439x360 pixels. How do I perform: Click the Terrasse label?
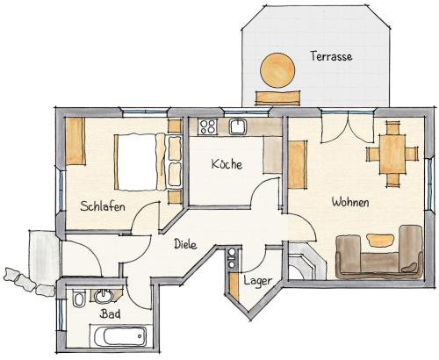[331, 56]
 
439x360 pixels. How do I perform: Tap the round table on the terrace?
[277, 70]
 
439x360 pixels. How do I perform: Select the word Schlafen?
[103, 206]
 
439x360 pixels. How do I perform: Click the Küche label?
[227, 164]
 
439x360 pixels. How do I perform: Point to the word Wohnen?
[350, 202]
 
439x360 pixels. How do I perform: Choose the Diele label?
[185, 244]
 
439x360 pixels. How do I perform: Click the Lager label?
[258, 281]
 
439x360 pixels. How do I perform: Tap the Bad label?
[110, 314]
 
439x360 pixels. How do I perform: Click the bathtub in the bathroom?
[120, 336]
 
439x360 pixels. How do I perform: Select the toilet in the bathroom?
[79, 299]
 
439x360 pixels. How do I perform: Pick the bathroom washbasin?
[104, 296]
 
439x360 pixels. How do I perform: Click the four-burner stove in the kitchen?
[208, 126]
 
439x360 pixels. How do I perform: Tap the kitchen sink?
[239, 126]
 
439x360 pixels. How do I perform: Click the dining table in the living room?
[392, 154]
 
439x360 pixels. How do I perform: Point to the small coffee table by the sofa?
[379, 240]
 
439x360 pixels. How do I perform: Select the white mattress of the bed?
[137, 162]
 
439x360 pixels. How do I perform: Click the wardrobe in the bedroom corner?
[76, 141]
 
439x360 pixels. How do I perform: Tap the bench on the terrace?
[277, 98]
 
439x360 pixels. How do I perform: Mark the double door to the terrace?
[348, 127]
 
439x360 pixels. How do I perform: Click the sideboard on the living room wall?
[298, 164]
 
